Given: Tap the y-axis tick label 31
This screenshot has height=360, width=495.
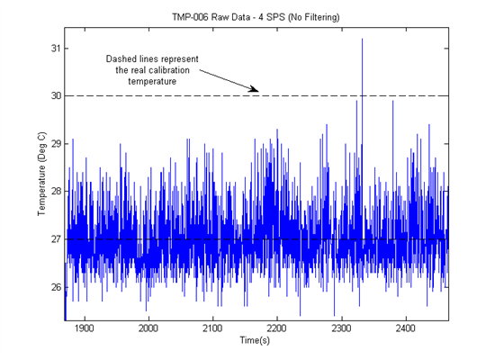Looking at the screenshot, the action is click(x=56, y=49).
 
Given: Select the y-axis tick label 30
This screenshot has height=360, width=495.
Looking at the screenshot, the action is click(x=56, y=95).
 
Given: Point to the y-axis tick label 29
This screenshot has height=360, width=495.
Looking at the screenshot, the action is click(x=56, y=144).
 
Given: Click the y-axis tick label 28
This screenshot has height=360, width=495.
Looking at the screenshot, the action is click(x=56, y=192).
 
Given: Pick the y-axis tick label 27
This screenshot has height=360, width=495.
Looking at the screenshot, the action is click(x=56, y=239).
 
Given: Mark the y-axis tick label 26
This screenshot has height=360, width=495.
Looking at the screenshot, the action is click(x=56, y=287).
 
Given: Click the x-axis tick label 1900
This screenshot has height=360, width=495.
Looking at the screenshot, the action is click(x=85, y=328).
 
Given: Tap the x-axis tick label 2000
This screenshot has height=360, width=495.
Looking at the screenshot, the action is click(x=148, y=328).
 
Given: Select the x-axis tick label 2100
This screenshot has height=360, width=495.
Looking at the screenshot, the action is click(x=212, y=328).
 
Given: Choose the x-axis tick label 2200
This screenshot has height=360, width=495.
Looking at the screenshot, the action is click(x=277, y=328).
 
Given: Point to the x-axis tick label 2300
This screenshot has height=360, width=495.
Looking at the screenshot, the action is click(x=341, y=328).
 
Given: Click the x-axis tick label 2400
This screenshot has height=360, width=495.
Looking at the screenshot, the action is click(x=405, y=328).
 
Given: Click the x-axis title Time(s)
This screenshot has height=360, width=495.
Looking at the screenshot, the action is click(x=255, y=340).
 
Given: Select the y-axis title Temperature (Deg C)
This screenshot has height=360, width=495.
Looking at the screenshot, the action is click(x=41, y=174).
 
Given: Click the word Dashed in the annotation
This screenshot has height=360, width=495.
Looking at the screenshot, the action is click(x=120, y=59).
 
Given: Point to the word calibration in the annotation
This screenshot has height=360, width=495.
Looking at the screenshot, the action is click(x=169, y=70).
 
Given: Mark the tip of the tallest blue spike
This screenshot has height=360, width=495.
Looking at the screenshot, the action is click(x=362, y=39).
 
